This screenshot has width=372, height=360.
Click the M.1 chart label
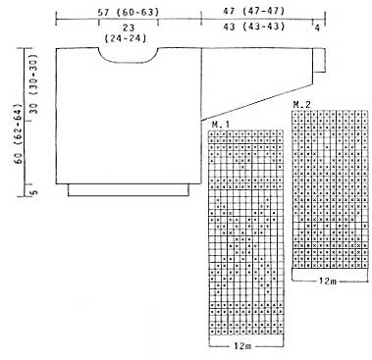pos(221,125)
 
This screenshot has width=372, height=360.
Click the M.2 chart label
pos(301,105)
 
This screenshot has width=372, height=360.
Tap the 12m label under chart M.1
pos(242,345)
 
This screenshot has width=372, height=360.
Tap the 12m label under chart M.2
pos(327,281)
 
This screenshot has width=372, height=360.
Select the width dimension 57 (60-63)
pos(129,13)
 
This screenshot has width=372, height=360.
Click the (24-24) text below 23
pos(126,38)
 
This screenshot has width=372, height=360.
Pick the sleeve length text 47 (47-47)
pos(254,11)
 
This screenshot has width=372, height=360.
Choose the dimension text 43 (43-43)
pos(254,26)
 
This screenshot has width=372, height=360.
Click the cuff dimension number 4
pos(317,28)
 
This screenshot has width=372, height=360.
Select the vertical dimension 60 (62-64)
pos(18,134)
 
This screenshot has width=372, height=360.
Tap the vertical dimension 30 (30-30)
pos(33,83)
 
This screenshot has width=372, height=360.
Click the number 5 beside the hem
pos(34,191)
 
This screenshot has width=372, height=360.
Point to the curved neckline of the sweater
pos(128,62)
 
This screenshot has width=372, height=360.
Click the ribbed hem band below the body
pos(129,190)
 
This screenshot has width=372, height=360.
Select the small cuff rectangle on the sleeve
pos(319,60)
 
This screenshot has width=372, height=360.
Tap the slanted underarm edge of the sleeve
pos(256,103)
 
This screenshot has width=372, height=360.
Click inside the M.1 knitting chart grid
pos(245,232)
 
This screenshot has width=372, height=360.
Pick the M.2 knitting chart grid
pos(330,189)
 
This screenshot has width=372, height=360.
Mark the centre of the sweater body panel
pos(129,116)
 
